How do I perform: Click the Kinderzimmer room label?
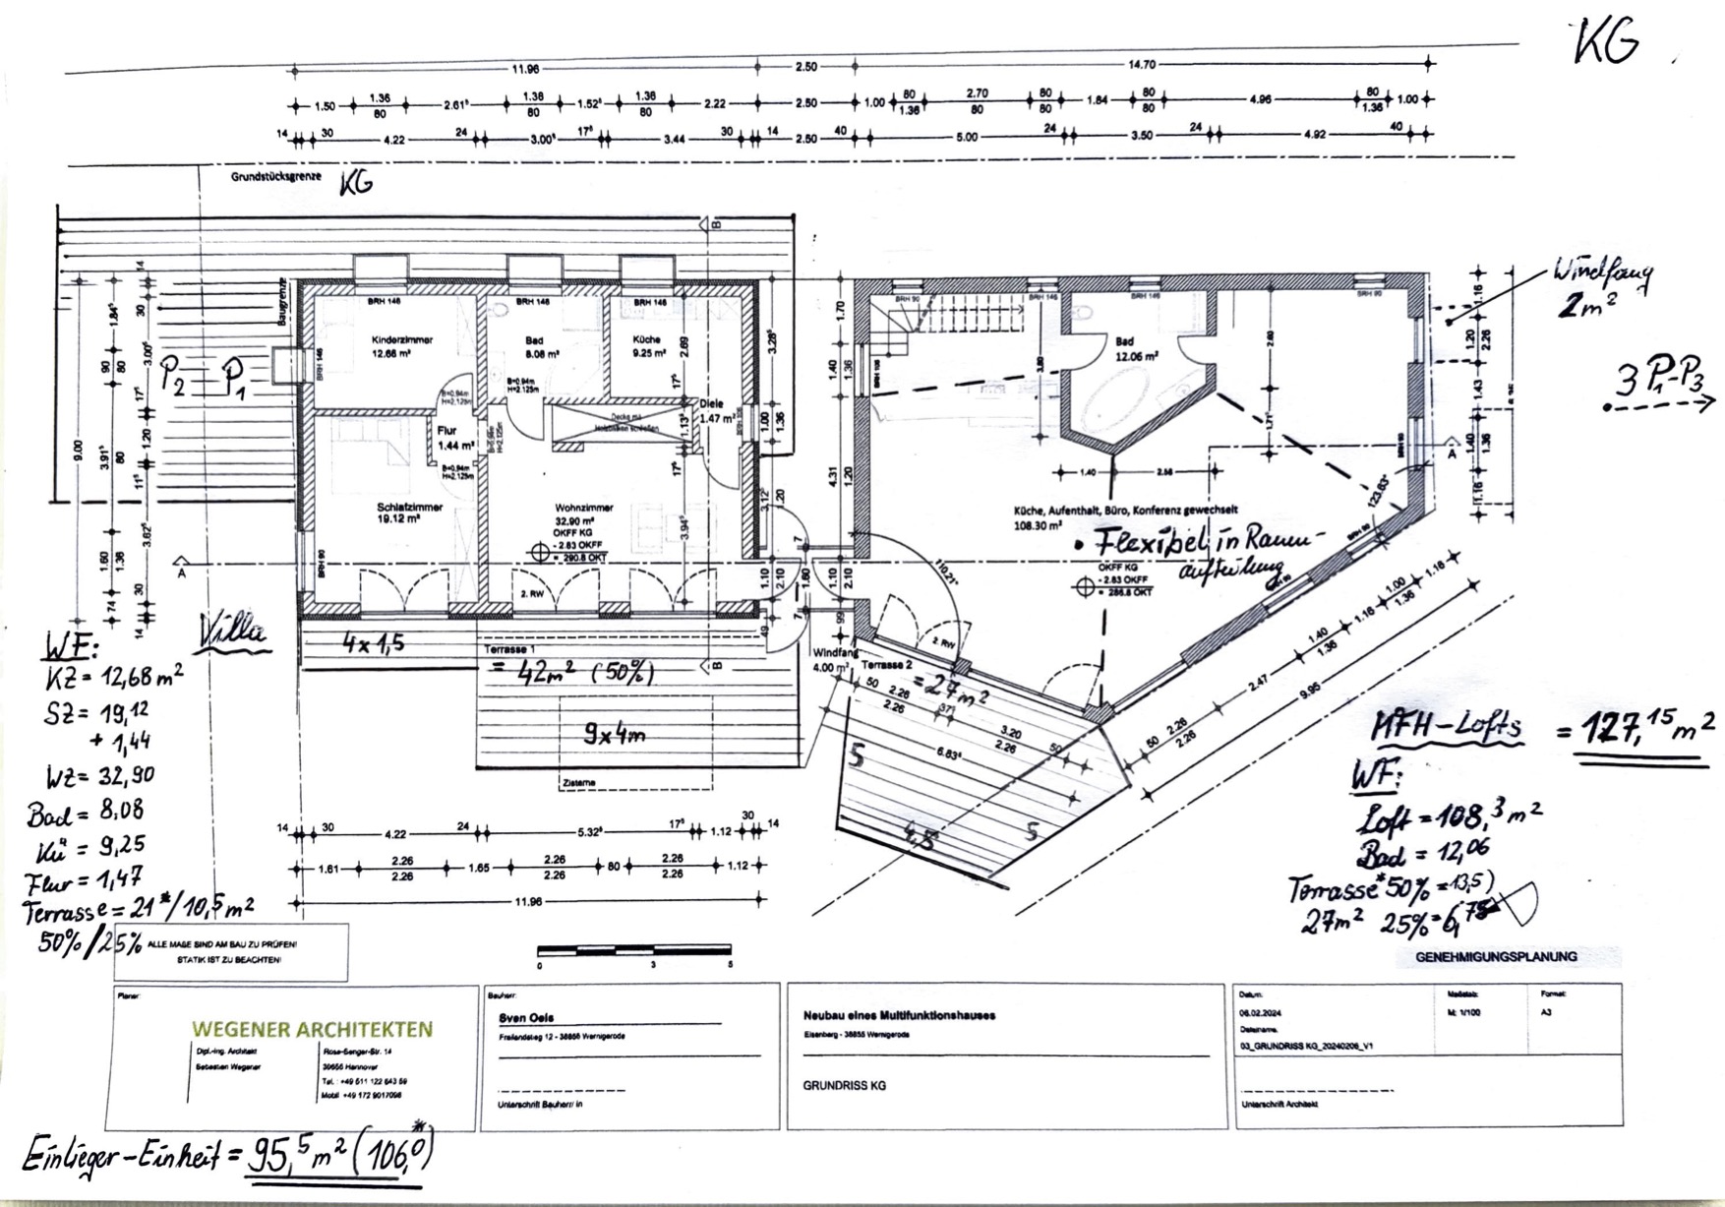(x=402, y=339)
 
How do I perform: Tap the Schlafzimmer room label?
(x=409, y=508)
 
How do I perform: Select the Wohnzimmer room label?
(x=584, y=508)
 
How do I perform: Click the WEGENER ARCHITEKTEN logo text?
(x=312, y=1029)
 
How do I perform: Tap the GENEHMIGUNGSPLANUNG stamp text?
(x=1496, y=956)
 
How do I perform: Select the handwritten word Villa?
(x=233, y=631)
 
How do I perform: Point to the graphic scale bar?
(x=634, y=950)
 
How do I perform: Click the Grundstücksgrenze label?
(x=276, y=177)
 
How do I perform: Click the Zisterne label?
(x=578, y=783)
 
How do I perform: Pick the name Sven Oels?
(x=526, y=1018)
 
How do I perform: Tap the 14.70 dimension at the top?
(x=1142, y=65)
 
